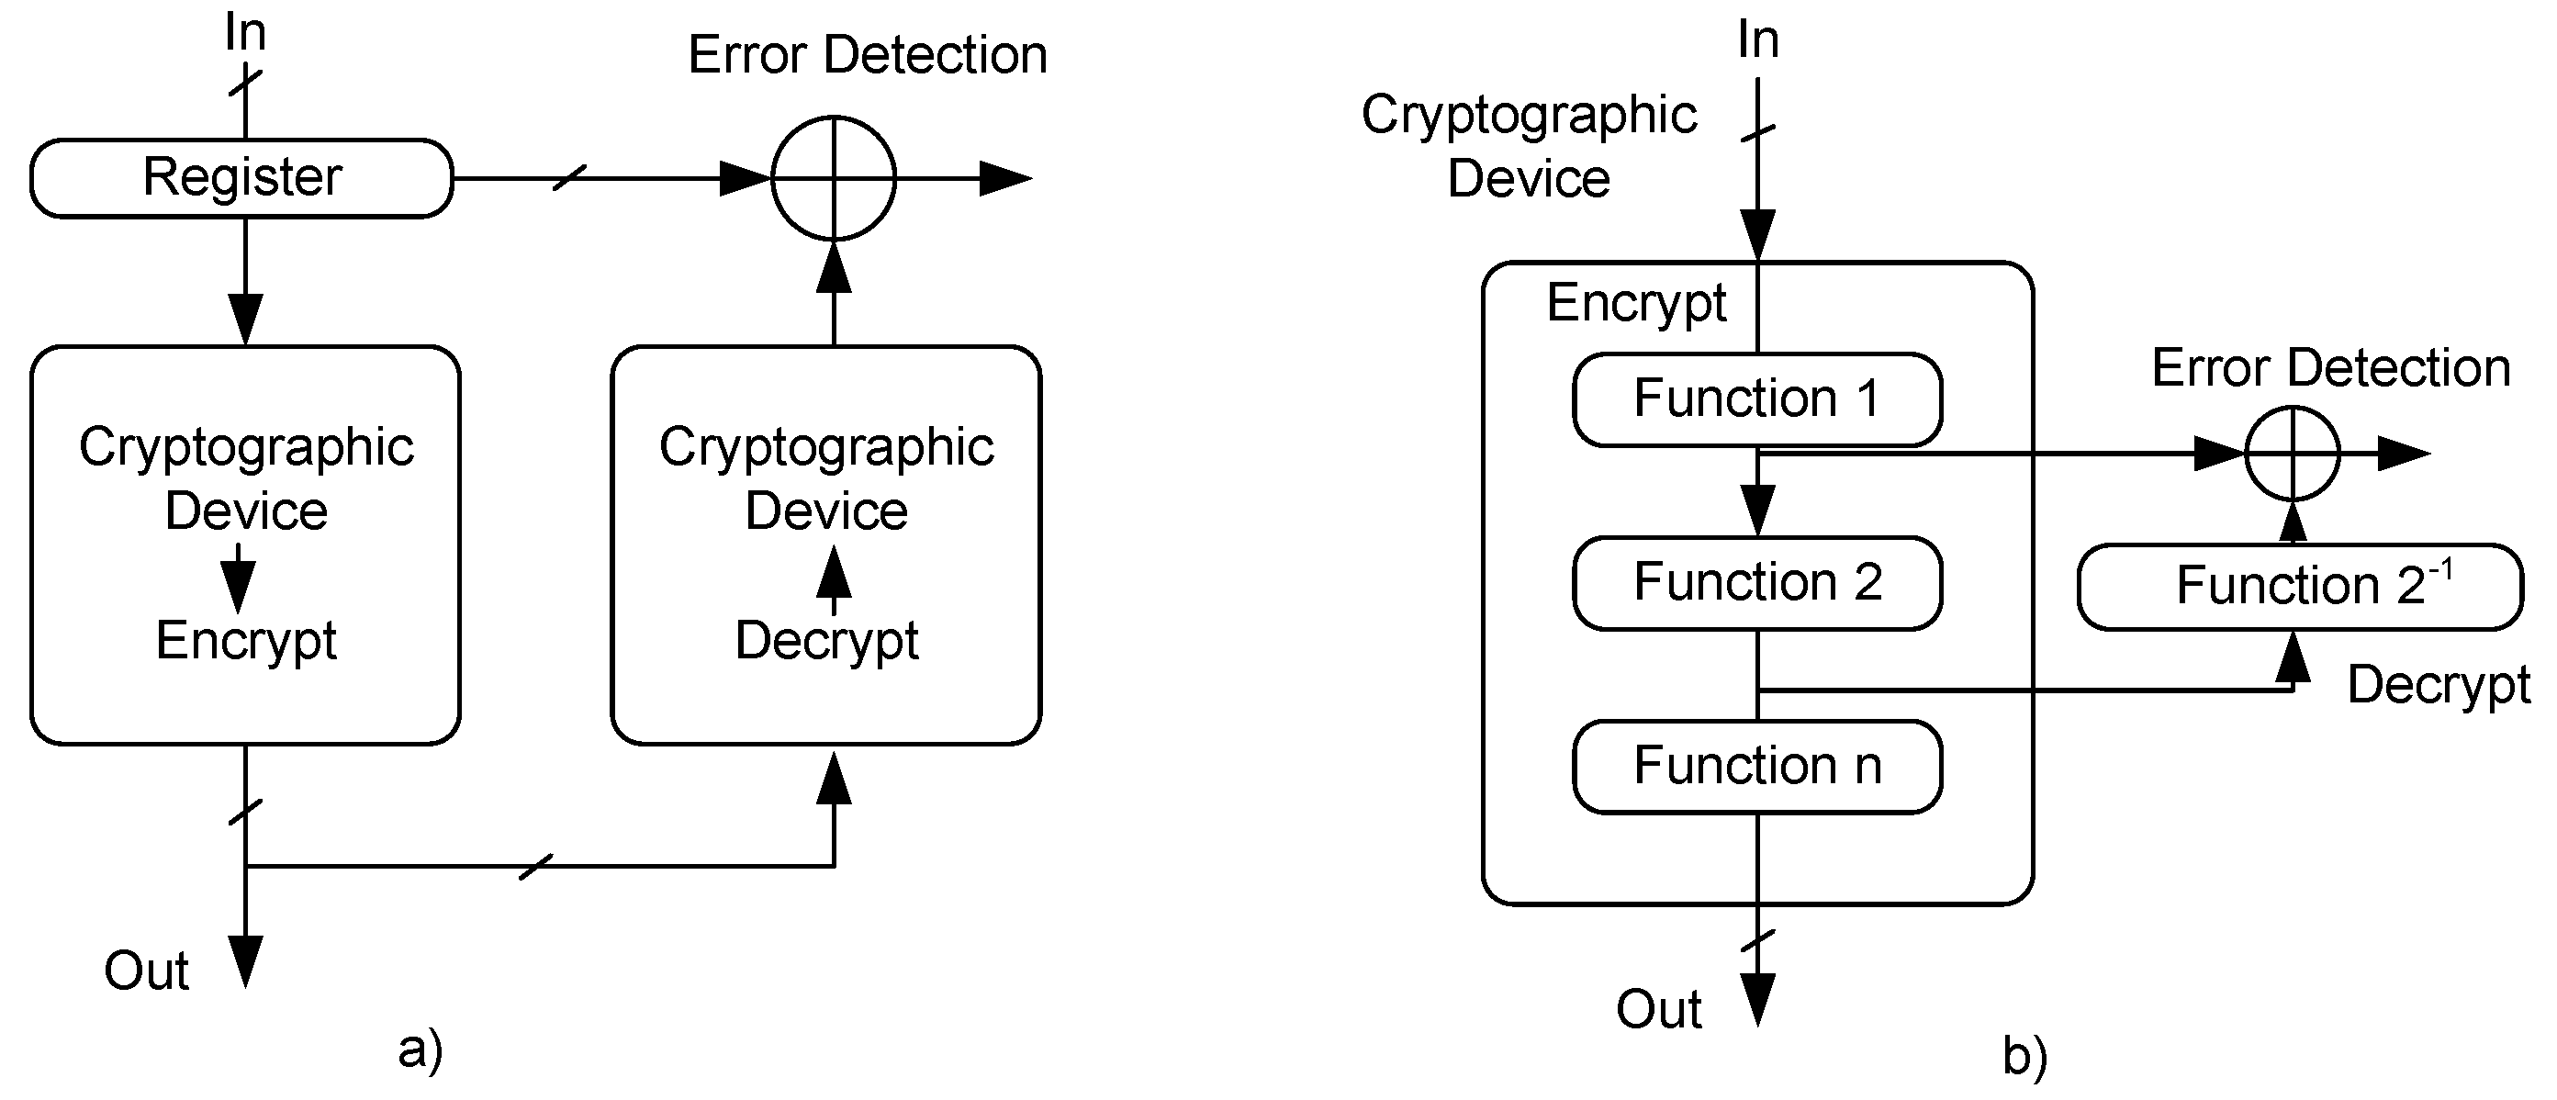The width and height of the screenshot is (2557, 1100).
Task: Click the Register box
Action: point(241,179)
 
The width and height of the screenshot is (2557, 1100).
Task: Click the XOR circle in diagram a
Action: point(834,179)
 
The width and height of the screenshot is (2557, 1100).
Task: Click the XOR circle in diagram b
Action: point(2292,454)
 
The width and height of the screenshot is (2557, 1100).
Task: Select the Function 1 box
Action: point(1757,399)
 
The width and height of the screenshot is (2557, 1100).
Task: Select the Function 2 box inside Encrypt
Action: point(1757,583)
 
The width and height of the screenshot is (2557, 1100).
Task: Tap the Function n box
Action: point(1757,767)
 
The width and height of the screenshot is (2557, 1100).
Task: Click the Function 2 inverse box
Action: point(2300,586)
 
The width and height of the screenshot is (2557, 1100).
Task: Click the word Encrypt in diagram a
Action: point(246,640)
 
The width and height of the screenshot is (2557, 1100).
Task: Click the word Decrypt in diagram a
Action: point(826,640)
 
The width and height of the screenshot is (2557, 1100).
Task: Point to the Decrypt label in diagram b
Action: point(2438,685)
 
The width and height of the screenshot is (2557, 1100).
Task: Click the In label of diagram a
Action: point(244,33)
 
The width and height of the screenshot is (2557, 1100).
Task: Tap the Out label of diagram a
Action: point(146,971)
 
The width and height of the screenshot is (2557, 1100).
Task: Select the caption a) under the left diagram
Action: point(420,1050)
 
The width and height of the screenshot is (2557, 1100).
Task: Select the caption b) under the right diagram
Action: point(2024,1056)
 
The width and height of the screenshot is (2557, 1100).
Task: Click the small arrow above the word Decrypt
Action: point(833,578)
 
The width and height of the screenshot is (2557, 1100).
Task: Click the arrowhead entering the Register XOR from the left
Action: point(745,179)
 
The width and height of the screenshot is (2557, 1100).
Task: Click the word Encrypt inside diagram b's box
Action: point(1636,303)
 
